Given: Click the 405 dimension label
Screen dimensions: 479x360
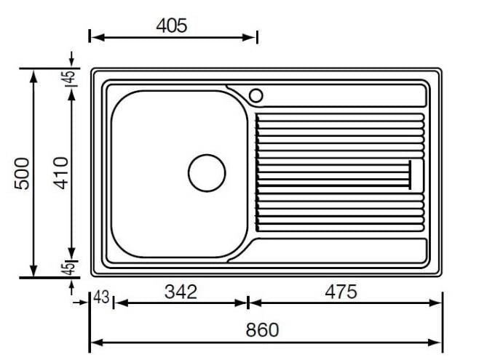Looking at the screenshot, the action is pyautogui.click(x=171, y=25).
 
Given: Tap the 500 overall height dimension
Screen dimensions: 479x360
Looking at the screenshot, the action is pyautogui.click(x=23, y=173).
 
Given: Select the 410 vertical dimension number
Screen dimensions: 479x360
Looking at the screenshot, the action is pyautogui.click(x=60, y=173).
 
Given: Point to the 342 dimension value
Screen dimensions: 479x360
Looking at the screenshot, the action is pyautogui.click(x=181, y=292).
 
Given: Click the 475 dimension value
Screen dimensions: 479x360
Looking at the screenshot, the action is pyautogui.click(x=341, y=292).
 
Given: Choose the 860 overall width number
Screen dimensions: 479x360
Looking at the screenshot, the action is pyautogui.click(x=262, y=329).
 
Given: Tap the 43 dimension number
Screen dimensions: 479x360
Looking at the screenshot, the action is pyautogui.click(x=101, y=297).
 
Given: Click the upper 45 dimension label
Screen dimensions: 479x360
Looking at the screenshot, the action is pyautogui.click(x=70, y=77).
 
